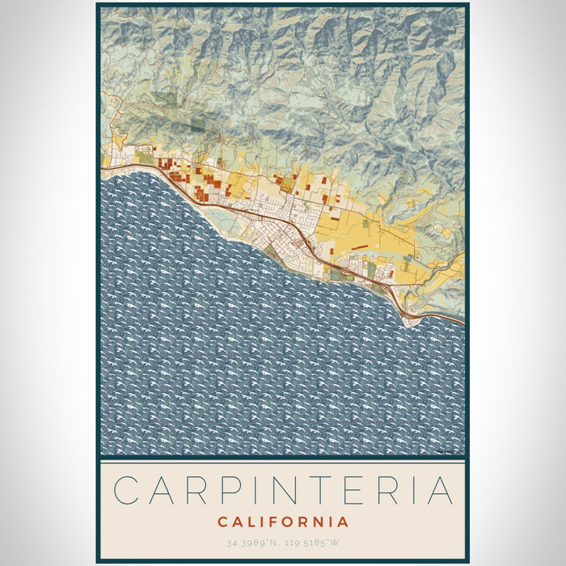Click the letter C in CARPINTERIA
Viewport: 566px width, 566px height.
click(126, 491)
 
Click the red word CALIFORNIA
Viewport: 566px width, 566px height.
click(283, 522)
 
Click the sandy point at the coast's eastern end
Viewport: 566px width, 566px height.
click(412, 321)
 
